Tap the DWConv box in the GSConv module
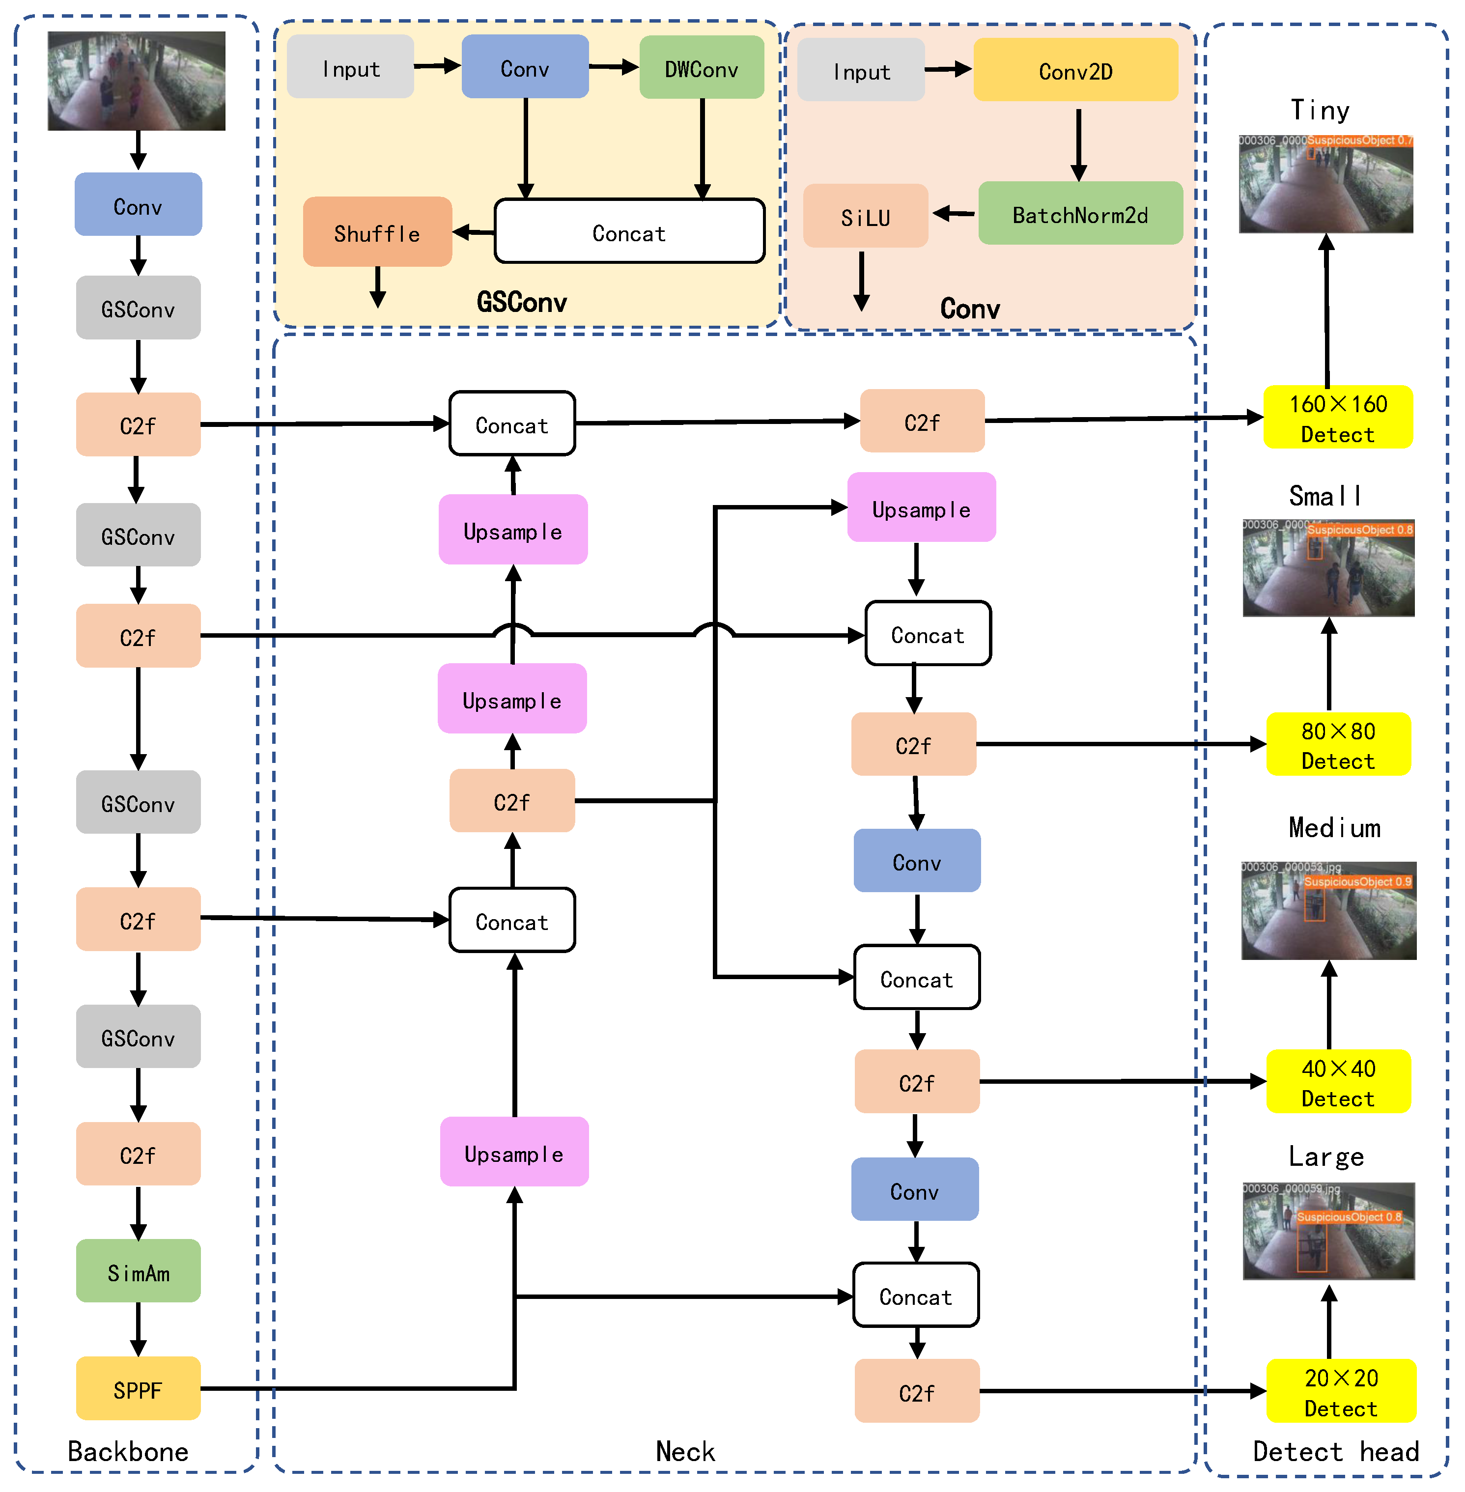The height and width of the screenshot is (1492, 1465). click(701, 68)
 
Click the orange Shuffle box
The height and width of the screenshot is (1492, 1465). click(377, 231)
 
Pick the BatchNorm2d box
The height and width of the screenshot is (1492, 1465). click(1080, 213)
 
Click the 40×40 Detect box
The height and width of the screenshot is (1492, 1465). click(1338, 1081)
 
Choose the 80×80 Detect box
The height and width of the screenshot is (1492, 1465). click(1338, 744)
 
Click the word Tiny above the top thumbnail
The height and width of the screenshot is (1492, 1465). click(1320, 110)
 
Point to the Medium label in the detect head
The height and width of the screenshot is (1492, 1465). click(1334, 827)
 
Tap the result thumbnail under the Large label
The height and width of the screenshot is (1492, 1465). click(1329, 1230)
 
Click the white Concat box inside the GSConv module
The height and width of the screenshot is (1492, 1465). click(629, 231)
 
